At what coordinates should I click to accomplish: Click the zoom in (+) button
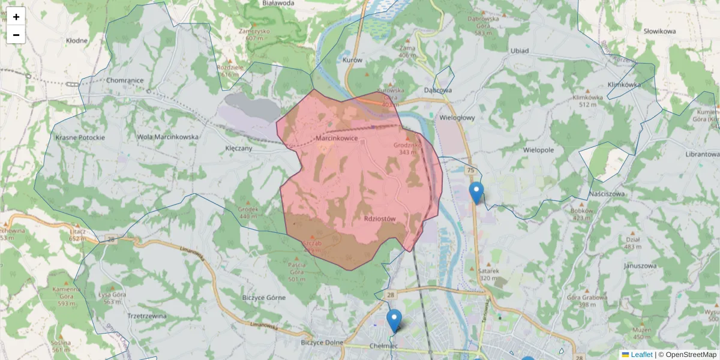click(16, 16)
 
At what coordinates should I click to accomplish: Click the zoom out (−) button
click(16, 35)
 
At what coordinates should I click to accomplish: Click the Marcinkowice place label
click(337, 139)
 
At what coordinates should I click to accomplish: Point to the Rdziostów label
click(380, 219)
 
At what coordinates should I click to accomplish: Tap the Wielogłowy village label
click(457, 118)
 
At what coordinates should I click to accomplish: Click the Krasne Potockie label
click(80, 137)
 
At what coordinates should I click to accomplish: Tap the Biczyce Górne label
click(265, 298)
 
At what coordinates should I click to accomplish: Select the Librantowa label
click(701, 154)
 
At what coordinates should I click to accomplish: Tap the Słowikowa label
click(659, 31)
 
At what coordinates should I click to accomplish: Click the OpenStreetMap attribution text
click(691, 355)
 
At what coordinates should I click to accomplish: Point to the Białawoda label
click(278, 3)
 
